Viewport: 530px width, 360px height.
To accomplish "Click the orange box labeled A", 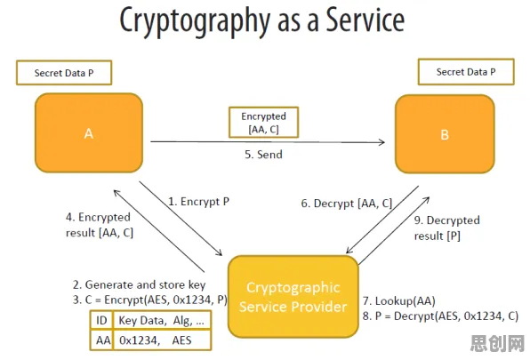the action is [x=89, y=132].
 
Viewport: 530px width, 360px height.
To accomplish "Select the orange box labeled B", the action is [x=445, y=134].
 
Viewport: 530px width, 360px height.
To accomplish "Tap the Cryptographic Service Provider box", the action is [x=293, y=297].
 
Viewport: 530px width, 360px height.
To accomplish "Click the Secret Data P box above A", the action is [x=64, y=73].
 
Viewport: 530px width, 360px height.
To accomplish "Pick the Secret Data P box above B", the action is [x=466, y=72].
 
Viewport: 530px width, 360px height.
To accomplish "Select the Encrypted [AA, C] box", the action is [x=263, y=123].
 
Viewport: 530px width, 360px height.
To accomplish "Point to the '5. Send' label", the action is [x=263, y=155].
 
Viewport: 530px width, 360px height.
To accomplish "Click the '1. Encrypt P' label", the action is [x=199, y=202].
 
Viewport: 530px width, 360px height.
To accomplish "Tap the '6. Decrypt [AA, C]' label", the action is [x=347, y=204].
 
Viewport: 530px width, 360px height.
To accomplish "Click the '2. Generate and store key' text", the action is [x=139, y=284].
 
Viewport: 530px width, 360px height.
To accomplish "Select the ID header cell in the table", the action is [x=101, y=320].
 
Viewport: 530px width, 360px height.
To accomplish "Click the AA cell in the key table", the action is [x=103, y=340].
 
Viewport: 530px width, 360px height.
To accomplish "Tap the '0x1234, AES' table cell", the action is [x=162, y=340].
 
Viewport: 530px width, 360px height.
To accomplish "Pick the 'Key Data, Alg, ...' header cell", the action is [x=162, y=320].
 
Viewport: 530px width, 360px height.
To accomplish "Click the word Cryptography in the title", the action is [x=195, y=20].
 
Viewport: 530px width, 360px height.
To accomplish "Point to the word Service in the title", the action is [x=365, y=20].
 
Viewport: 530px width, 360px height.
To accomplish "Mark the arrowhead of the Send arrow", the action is [x=382, y=142].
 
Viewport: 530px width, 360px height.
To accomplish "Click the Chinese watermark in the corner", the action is [x=497, y=343].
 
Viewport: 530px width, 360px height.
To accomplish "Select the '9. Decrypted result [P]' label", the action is [x=446, y=228].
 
